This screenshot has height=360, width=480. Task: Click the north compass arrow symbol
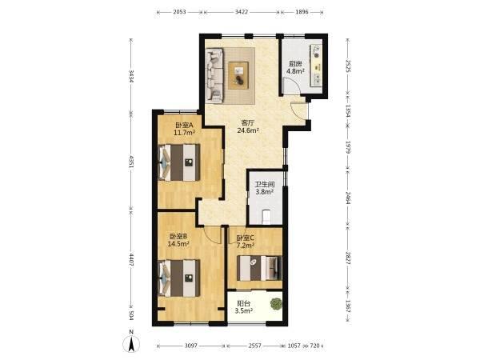(131, 343)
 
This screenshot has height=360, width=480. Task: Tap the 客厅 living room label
(248, 122)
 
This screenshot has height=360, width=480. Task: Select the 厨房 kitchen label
(295, 64)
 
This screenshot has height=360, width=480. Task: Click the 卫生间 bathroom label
(265, 185)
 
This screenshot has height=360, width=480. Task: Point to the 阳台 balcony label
(244, 304)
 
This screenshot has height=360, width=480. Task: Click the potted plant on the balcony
(276, 304)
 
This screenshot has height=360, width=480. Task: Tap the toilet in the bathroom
(266, 217)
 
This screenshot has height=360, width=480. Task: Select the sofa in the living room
(214, 75)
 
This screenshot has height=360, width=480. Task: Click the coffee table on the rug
(238, 75)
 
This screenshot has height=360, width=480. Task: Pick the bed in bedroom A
(179, 162)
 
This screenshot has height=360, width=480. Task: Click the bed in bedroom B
(179, 278)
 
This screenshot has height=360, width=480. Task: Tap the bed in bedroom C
(259, 268)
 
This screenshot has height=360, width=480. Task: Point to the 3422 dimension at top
(242, 12)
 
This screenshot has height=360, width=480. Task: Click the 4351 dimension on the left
(131, 162)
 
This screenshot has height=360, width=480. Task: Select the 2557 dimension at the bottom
(254, 346)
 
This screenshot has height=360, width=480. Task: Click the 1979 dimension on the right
(348, 147)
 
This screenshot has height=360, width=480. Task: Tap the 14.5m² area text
(178, 244)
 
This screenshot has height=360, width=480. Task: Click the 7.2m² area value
(246, 246)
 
